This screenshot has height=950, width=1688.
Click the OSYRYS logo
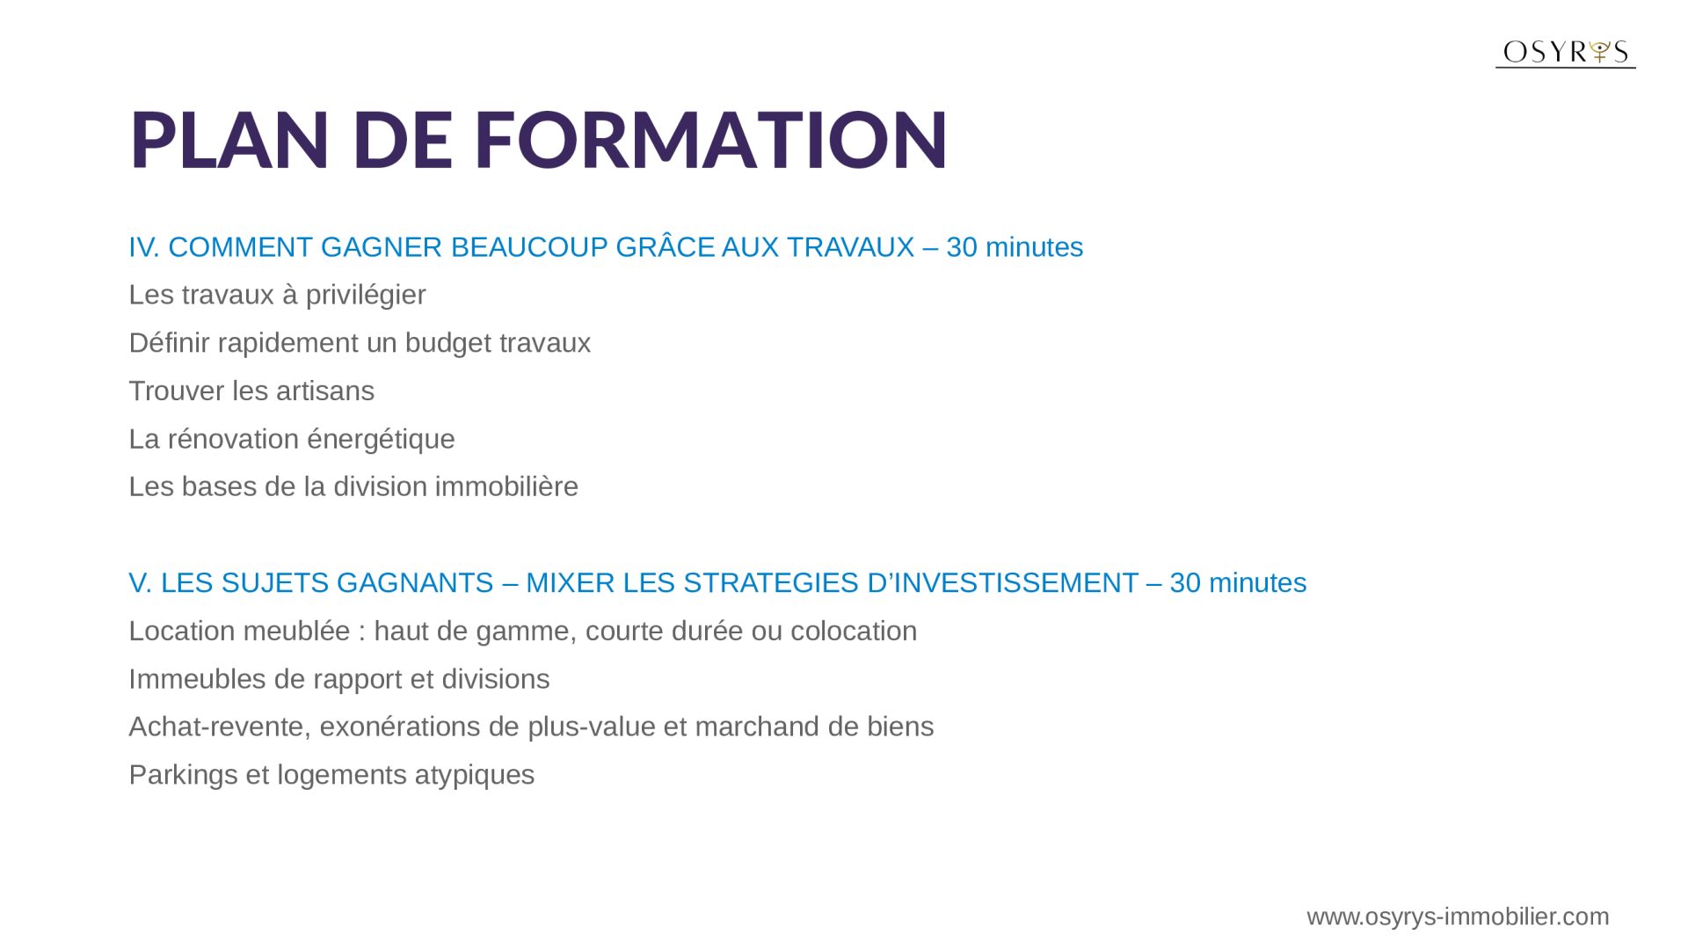coord(1565,53)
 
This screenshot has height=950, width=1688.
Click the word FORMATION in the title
coord(710,139)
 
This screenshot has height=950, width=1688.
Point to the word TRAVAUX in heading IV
coord(850,247)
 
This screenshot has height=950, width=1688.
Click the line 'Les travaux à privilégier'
coord(277,295)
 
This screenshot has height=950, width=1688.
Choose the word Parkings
coord(184,775)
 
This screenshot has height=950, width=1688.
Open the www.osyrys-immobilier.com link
coord(1458,917)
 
